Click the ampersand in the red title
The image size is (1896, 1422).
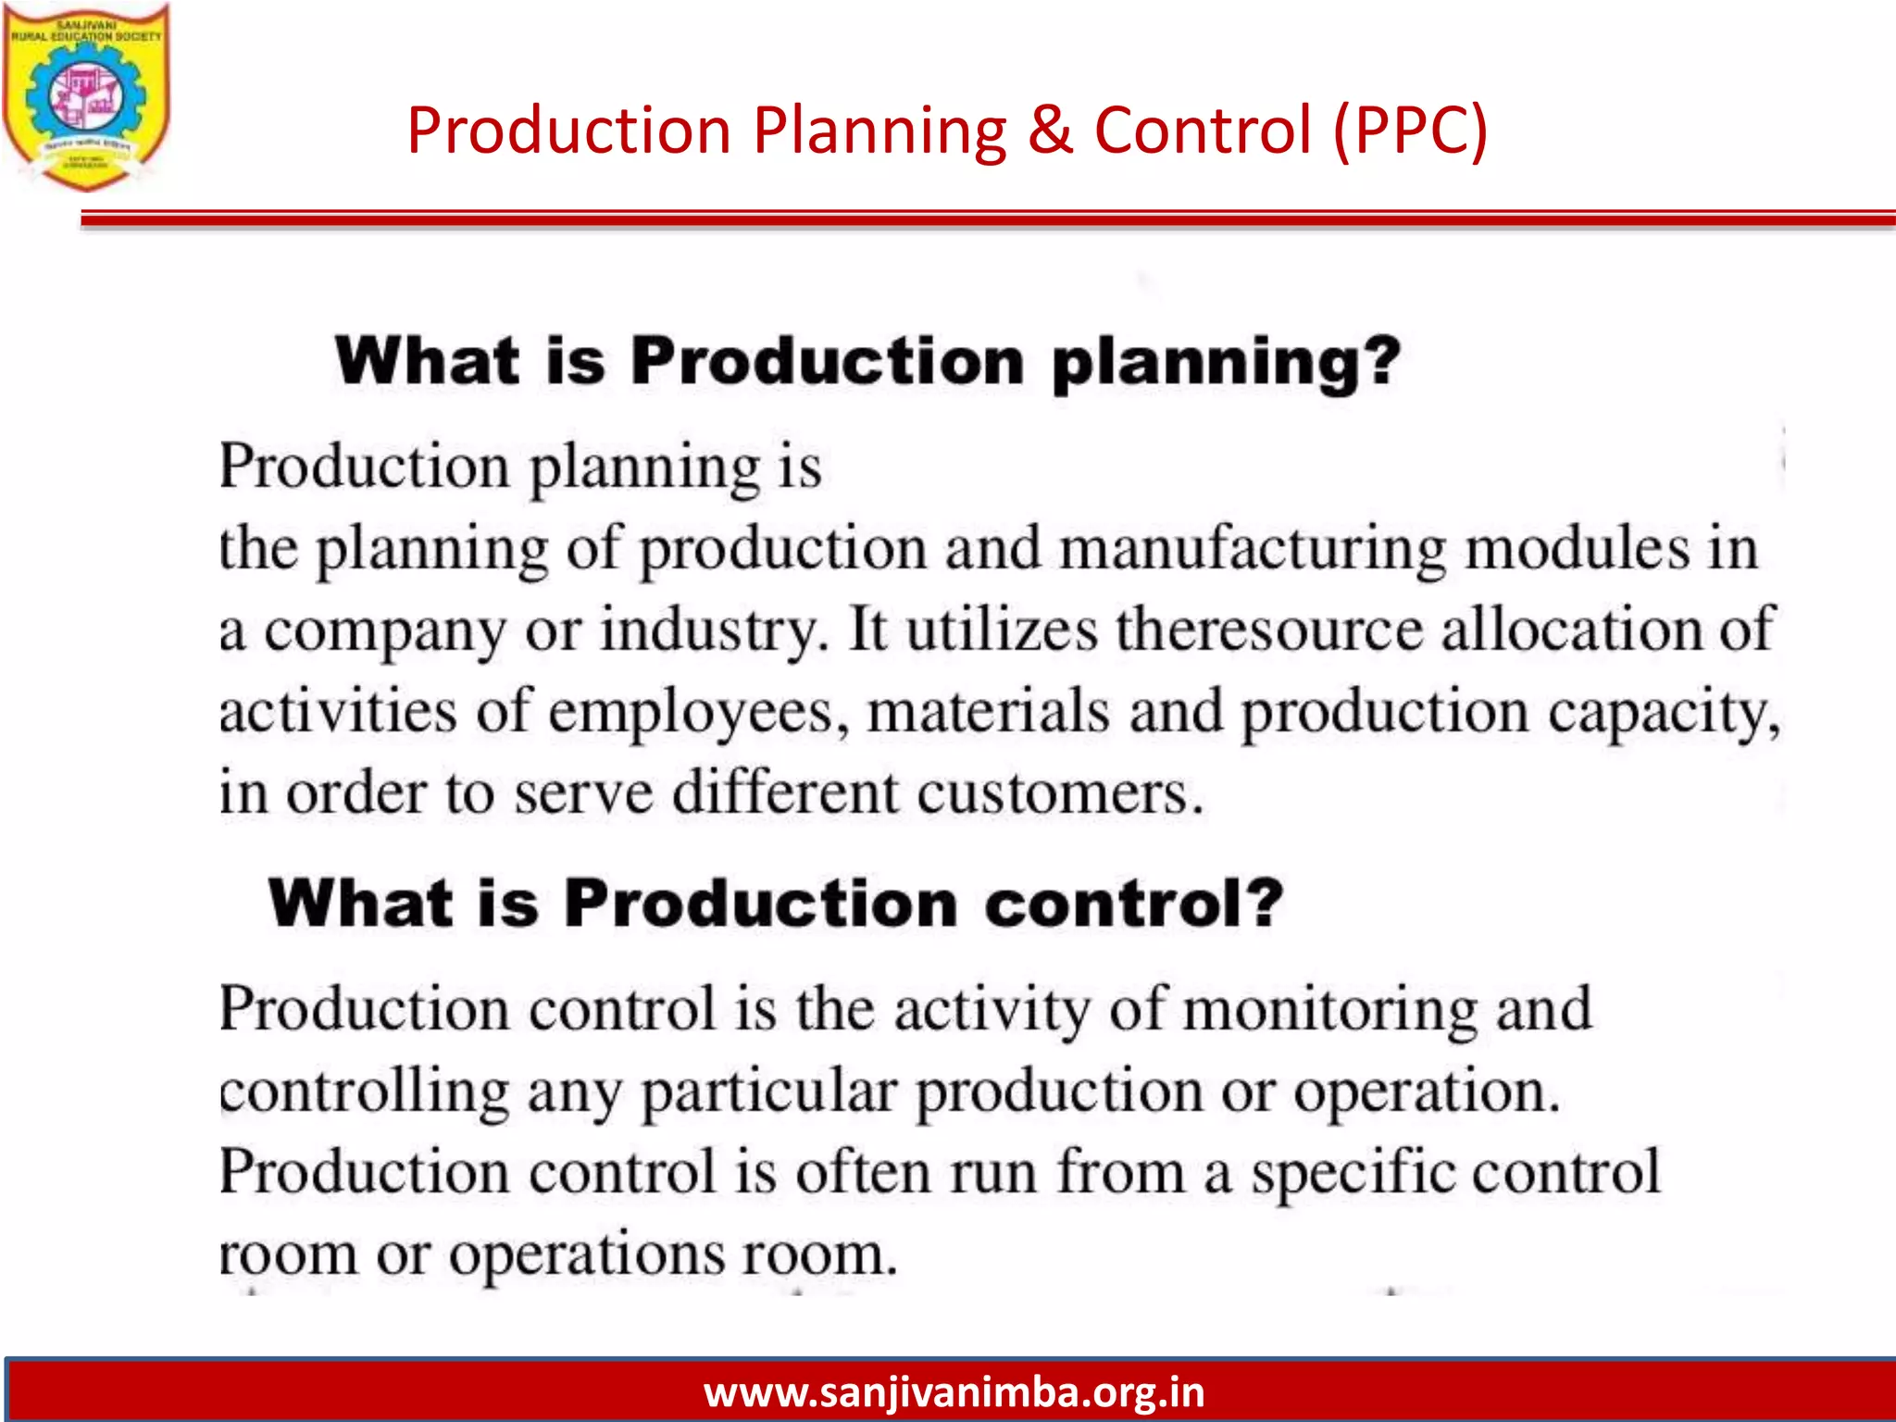(1050, 130)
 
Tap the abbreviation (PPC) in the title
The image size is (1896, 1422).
(1410, 130)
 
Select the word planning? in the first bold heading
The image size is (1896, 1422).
(1226, 363)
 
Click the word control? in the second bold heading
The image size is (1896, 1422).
(1134, 904)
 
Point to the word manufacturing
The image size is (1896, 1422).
(1252, 549)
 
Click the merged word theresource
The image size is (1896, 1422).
(1269, 630)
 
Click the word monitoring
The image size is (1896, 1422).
(1330, 1009)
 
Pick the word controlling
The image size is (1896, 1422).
(364, 1091)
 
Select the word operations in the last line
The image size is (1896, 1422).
(587, 1256)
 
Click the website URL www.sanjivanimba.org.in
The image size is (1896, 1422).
(954, 1392)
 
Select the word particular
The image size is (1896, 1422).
(769, 1093)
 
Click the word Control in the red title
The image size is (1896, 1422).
(1203, 130)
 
